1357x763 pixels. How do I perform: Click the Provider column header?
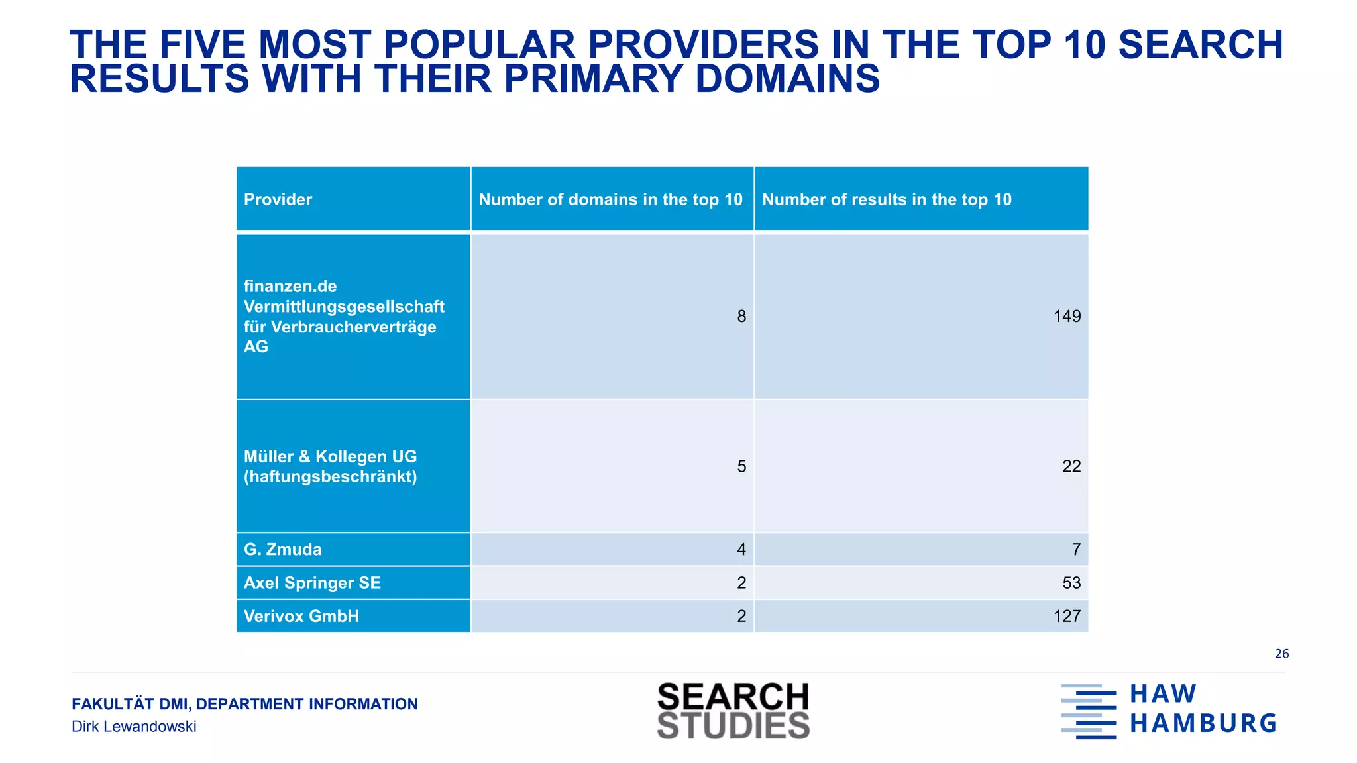278,199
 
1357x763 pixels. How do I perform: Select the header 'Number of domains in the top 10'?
610,199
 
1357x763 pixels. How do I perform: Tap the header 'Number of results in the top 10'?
887,199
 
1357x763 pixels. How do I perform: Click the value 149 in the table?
1067,317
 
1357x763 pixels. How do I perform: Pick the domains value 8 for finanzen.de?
741,317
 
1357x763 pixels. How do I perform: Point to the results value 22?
1071,466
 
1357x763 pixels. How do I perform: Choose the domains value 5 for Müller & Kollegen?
741,466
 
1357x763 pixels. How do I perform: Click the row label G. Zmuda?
283,550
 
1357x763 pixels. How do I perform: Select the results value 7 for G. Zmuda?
1076,550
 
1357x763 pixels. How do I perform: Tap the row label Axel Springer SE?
312,583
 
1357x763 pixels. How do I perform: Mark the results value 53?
1071,583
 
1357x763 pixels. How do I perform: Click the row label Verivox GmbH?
301,616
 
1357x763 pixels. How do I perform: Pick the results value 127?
1067,616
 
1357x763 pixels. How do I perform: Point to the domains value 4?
741,550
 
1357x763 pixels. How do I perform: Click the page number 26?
1281,654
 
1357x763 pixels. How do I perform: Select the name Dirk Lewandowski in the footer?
134,727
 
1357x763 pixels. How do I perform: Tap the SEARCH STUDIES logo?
733,711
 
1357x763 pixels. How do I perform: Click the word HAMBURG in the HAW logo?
1203,723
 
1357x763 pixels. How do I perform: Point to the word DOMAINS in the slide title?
787,79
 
